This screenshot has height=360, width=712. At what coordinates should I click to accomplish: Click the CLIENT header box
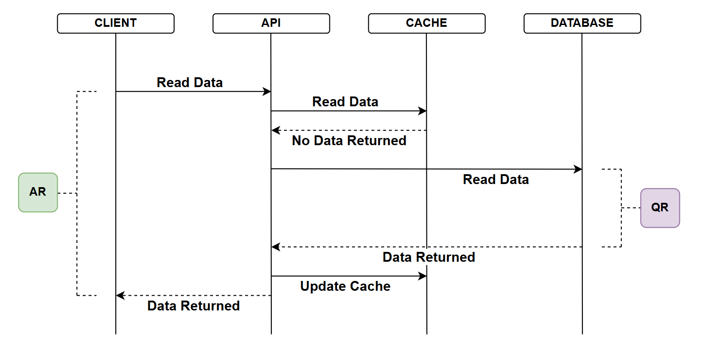coord(116,23)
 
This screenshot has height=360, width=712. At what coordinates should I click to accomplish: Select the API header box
coord(271,23)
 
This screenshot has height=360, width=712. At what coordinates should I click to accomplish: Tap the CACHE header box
coord(426,23)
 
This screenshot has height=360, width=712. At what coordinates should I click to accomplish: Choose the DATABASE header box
coord(582,23)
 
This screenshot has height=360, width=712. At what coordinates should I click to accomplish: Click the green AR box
coord(38,192)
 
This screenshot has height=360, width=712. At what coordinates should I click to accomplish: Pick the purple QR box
coord(660,208)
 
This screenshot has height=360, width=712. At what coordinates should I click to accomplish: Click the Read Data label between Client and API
coord(190,83)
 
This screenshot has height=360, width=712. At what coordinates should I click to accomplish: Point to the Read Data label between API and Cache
coord(345,102)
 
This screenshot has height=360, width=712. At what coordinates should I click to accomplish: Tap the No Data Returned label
coord(349,141)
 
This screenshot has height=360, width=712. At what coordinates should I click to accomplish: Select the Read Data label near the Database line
coord(496,180)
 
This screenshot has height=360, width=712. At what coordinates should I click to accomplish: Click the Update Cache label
coord(345,286)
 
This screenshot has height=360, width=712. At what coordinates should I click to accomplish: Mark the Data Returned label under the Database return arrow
coord(429,257)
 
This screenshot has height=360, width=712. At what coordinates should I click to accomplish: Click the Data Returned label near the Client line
coord(194,306)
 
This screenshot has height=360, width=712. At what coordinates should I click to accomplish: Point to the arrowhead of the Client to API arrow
coord(267,92)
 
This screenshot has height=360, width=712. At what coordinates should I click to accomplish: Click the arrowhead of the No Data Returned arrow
coord(275,130)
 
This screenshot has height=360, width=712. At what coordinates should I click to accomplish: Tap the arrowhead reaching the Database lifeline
coord(578,169)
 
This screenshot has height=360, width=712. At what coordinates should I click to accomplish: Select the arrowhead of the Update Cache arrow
coord(423,276)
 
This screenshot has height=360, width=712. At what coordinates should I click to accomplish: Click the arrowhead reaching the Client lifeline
coord(120,295)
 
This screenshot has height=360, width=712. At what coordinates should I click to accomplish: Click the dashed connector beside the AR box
coord(67,193)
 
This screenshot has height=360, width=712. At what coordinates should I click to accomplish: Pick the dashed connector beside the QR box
coord(631,208)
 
